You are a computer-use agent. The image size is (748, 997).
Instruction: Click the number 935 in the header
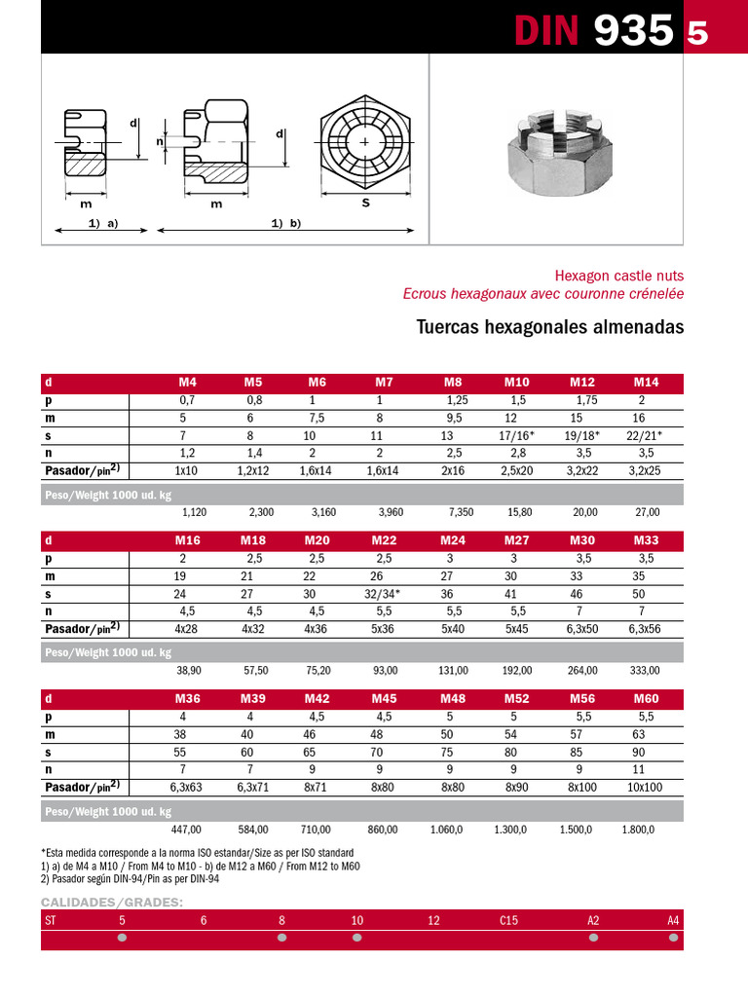coord(633,31)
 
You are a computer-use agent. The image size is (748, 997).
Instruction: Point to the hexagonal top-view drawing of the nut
coord(365,143)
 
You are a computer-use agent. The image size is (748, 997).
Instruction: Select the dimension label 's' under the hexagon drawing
coord(365,203)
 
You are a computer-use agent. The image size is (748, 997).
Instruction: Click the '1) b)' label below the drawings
coord(286,223)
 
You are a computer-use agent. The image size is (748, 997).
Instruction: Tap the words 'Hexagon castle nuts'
coord(619,276)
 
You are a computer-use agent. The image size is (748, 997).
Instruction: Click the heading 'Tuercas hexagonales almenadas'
coord(550,327)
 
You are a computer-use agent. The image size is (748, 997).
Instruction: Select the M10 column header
coord(517,383)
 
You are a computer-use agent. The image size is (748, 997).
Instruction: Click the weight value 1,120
coord(195,511)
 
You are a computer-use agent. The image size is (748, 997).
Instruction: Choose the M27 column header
coord(517,540)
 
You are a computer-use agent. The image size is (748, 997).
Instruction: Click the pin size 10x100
coord(644,787)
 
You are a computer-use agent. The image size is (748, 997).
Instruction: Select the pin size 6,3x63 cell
coord(186,787)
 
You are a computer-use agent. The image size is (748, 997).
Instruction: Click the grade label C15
coord(508,919)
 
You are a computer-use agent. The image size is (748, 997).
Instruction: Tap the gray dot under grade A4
coord(673,938)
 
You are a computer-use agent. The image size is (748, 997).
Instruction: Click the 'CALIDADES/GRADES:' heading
coord(111,902)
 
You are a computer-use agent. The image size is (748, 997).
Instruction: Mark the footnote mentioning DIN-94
coord(131,878)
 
